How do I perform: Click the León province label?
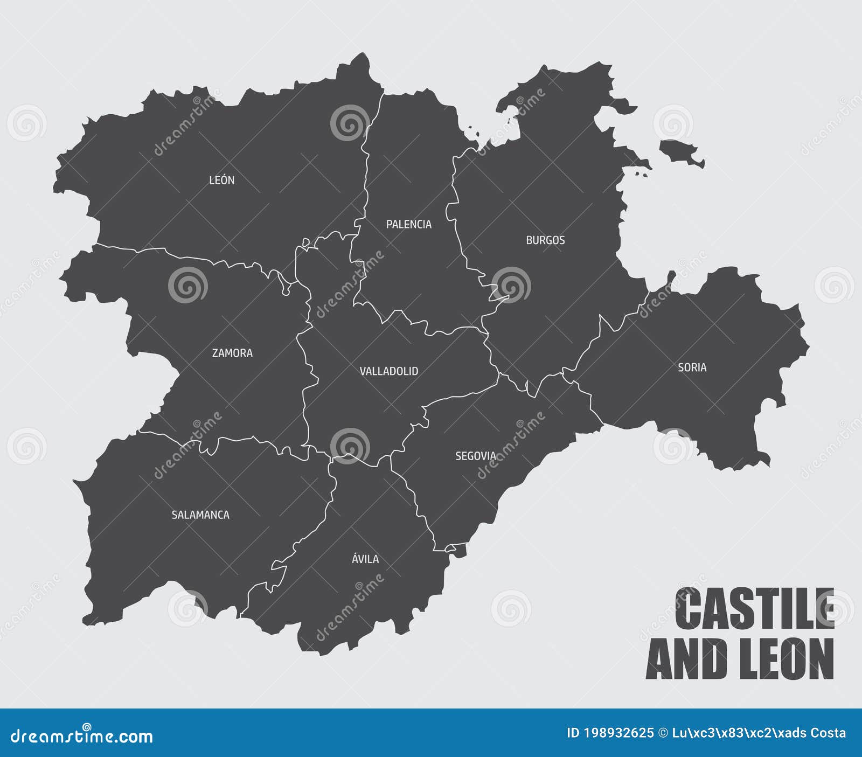(x=221, y=180)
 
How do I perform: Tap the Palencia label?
(x=408, y=224)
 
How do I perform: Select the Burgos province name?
(x=545, y=240)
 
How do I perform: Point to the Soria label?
(x=692, y=367)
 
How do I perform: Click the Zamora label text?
(x=232, y=353)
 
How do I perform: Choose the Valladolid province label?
(x=388, y=371)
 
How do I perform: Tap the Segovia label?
(x=475, y=456)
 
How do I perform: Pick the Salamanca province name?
(x=200, y=515)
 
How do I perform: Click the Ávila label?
(x=365, y=559)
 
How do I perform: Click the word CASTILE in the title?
(x=754, y=609)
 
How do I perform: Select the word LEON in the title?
(x=787, y=659)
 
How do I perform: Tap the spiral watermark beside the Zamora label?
(x=187, y=284)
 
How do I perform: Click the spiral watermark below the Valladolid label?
(x=350, y=446)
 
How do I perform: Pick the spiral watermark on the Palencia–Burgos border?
(x=511, y=284)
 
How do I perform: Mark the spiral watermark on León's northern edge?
(x=350, y=123)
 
